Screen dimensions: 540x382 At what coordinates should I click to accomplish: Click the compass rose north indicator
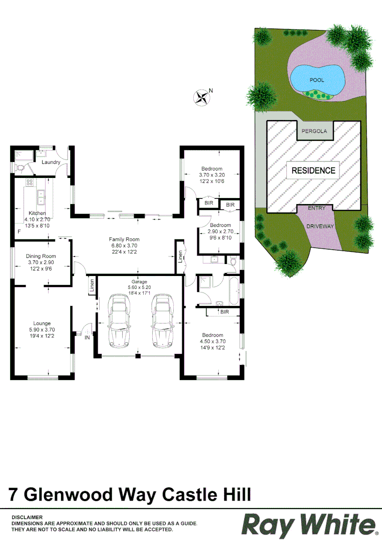click(202, 96)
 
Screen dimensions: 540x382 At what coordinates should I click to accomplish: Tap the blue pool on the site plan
click(317, 78)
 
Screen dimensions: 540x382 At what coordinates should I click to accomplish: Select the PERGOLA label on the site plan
click(314, 131)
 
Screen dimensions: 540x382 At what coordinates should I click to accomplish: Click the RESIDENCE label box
click(313, 170)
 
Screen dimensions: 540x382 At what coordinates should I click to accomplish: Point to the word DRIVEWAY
click(320, 226)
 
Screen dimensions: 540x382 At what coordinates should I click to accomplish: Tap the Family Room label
click(124, 239)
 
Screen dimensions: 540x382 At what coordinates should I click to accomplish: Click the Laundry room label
click(51, 162)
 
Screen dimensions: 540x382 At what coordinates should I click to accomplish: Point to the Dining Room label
click(41, 256)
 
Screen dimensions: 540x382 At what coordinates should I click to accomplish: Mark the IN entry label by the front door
click(87, 338)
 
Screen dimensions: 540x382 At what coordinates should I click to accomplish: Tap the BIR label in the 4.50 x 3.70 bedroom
click(224, 311)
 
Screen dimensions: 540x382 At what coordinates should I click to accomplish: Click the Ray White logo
click(309, 524)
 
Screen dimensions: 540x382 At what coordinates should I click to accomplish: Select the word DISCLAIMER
click(27, 517)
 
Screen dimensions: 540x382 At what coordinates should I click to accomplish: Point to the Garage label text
click(139, 282)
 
